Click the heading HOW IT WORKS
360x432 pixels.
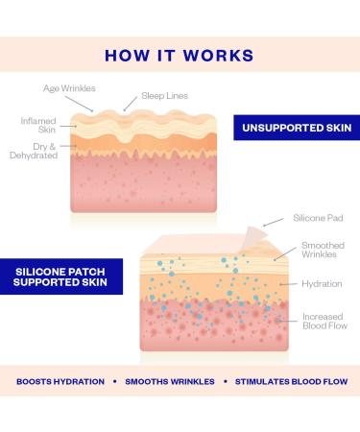(180, 55)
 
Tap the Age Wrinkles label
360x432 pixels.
(68, 89)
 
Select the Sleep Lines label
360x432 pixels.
(165, 97)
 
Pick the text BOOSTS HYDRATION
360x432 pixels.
(60, 381)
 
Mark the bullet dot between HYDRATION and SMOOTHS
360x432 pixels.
(114, 381)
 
